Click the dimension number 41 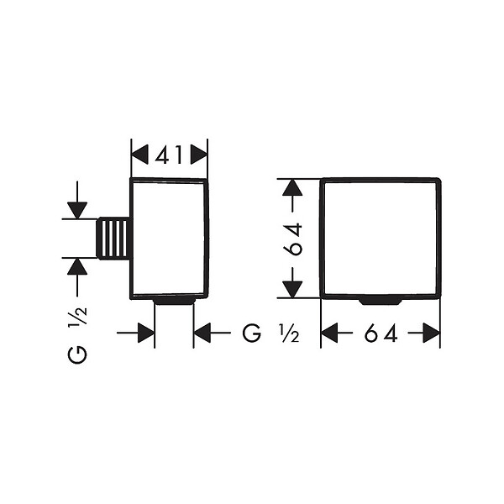(169, 155)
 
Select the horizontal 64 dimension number (381, 333)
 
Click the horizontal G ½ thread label (270, 333)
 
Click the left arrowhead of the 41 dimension (139, 155)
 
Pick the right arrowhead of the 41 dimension (199, 155)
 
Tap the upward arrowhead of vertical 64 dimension (292, 187)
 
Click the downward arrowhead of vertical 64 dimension (292, 290)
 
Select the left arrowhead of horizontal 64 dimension (329, 333)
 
